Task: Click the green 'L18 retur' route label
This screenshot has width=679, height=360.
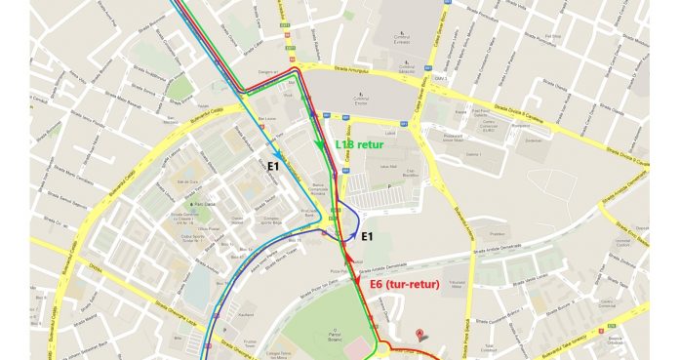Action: pos(359,144)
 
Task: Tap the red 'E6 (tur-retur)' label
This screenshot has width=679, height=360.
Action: pos(405,284)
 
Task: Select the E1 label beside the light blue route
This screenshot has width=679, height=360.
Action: pos(276,168)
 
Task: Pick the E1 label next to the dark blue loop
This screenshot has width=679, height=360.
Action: pos(369,236)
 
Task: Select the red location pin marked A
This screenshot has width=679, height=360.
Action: pos(419,332)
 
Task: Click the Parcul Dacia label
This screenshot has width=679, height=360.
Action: pos(204,204)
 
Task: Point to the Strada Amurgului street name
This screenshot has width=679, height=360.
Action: pos(361,69)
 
